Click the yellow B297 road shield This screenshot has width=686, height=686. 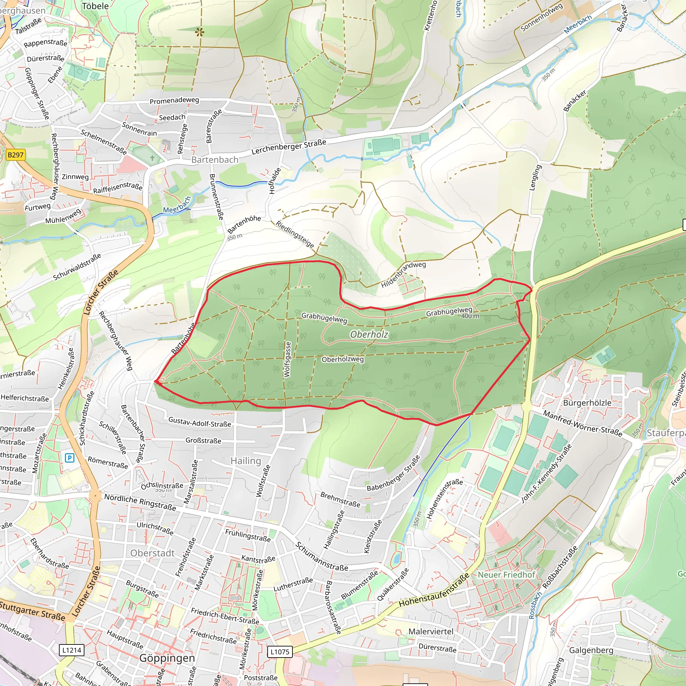pyautogui.click(x=16, y=155)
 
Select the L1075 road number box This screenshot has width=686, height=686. pyautogui.click(x=280, y=651)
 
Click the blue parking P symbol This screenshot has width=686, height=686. pyautogui.click(x=70, y=458)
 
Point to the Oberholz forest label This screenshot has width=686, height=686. pyautogui.click(x=369, y=335)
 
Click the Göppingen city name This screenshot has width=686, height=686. pyautogui.click(x=167, y=658)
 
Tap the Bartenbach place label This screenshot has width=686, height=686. pyautogui.click(x=215, y=160)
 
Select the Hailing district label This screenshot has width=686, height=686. pyautogui.click(x=246, y=461)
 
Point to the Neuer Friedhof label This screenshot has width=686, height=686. pyautogui.click(x=506, y=574)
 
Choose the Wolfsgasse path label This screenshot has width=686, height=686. pyautogui.click(x=287, y=359)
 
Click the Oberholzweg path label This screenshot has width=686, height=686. pyautogui.click(x=343, y=359)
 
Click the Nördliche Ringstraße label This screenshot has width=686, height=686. pyautogui.click(x=140, y=502)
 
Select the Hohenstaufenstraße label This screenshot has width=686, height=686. pyautogui.click(x=434, y=591)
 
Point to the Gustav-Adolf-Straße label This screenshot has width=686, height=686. pyautogui.click(x=200, y=422)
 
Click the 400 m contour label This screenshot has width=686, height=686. pyautogui.click(x=470, y=316)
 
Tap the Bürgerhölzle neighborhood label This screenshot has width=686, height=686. pyautogui.click(x=587, y=403)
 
